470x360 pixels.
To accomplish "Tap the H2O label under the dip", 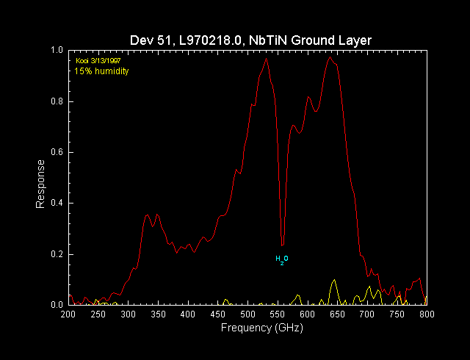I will coord(282,259).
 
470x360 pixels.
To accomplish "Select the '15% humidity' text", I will coord(102,71).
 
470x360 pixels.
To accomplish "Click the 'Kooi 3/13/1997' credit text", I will coord(98,60).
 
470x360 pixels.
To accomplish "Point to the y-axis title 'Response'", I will coord(41,184).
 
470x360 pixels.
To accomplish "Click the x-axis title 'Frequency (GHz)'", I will coord(261,328).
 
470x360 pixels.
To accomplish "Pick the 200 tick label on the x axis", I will coord(68,314).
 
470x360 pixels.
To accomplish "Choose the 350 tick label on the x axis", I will coord(158,314).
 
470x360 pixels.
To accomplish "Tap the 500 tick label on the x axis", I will coord(247,314).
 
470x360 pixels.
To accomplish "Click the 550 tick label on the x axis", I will coord(277,314).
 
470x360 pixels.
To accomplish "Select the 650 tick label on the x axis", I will coord(337,314).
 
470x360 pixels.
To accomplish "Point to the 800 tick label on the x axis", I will coord(427,314).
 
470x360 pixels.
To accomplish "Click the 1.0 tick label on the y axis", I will coord(57,50).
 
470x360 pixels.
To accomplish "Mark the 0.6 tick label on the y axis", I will coord(57,152).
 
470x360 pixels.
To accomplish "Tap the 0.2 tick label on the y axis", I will coord(57,254).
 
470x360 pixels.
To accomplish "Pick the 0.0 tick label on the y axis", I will coord(57,304).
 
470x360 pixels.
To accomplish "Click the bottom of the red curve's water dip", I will coord(282,245).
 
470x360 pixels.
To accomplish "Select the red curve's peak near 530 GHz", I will coord(266,59).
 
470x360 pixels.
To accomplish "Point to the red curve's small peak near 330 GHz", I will coord(147,215).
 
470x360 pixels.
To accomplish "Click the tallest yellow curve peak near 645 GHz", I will coord(334,280).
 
